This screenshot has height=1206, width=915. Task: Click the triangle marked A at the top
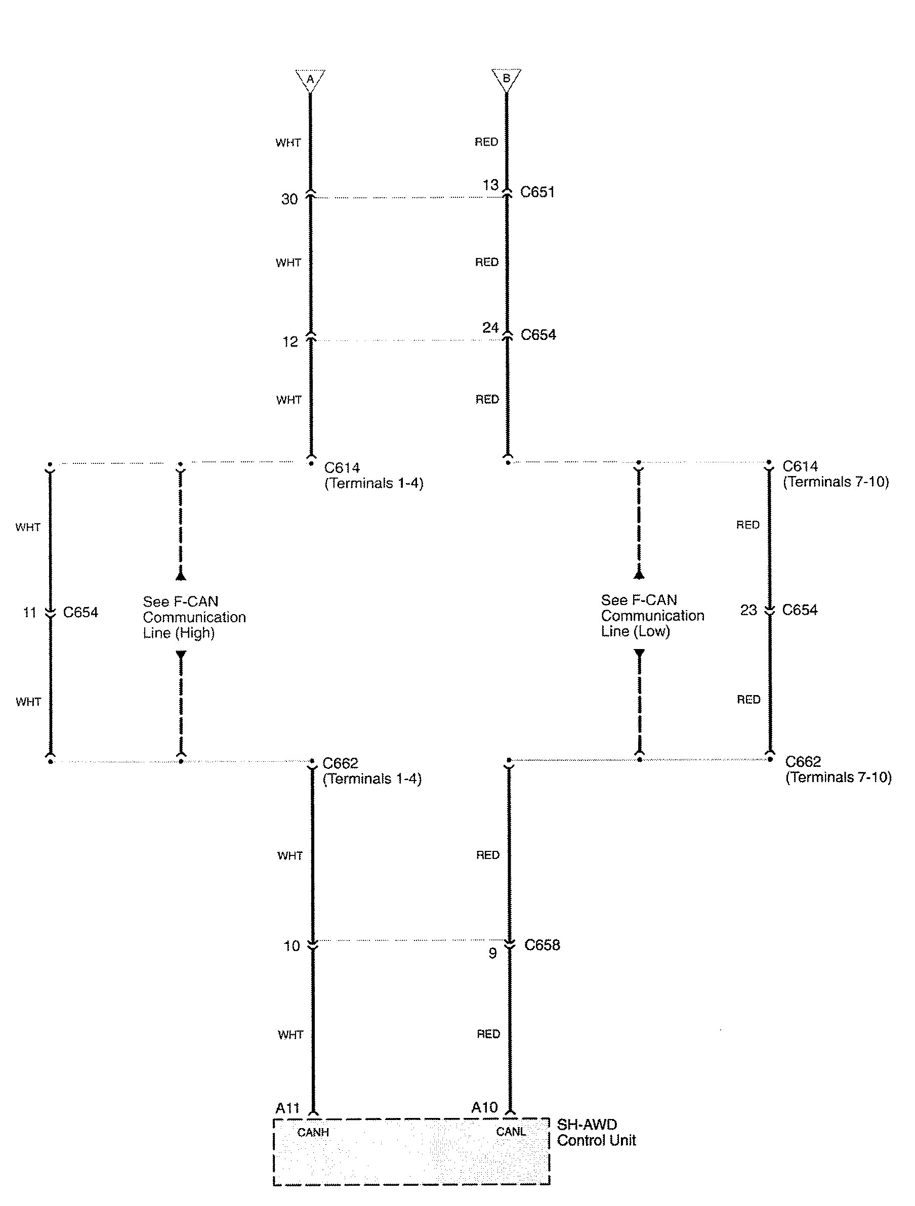[x=310, y=79]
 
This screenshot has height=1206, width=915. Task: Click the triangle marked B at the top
[x=506, y=78]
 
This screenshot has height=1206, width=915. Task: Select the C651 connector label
[x=537, y=192]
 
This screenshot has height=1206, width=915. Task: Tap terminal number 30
[x=289, y=199]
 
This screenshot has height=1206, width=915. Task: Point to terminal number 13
[x=490, y=185]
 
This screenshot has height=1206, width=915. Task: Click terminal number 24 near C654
[x=490, y=328]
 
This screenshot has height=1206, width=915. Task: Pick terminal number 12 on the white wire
[x=290, y=342]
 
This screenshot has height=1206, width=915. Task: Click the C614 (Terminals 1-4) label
[x=373, y=476]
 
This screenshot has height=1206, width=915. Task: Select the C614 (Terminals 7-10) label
[x=836, y=474]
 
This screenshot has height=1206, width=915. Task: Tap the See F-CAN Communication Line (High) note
[x=194, y=617]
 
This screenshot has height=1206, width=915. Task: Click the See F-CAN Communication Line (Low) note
[x=652, y=616]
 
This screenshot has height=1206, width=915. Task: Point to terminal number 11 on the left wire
[x=29, y=612]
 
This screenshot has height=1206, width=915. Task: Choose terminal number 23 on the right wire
[x=748, y=610]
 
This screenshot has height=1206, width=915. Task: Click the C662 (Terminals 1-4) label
[x=372, y=771]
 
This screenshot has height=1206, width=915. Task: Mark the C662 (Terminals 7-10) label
[x=838, y=769]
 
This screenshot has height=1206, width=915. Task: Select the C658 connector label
[x=542, y=945]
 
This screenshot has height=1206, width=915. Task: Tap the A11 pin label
[x=287, y=1108]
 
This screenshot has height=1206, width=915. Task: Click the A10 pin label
[x=484, y=1107]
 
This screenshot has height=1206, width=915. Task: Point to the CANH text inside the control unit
[x=313, y=1133]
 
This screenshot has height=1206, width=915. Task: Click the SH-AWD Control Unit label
[x=596, y=1133]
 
